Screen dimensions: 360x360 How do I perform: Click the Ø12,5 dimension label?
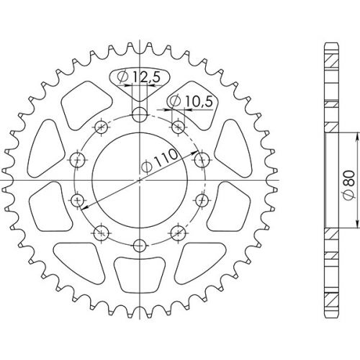(x=138, y=78)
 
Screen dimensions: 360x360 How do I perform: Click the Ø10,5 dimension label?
(x=192, y=102)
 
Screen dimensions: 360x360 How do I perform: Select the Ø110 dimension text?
(x=160, y=161)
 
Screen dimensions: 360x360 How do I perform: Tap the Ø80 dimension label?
(x=350, y=185)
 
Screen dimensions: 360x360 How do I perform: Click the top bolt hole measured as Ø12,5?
(x=140, y=114)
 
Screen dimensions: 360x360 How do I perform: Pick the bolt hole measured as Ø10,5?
(x=178, y=127)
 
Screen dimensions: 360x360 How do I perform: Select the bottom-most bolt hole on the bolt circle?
(x=140, y=246)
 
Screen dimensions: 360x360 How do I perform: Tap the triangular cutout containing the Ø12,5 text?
(x=140, y=84)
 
